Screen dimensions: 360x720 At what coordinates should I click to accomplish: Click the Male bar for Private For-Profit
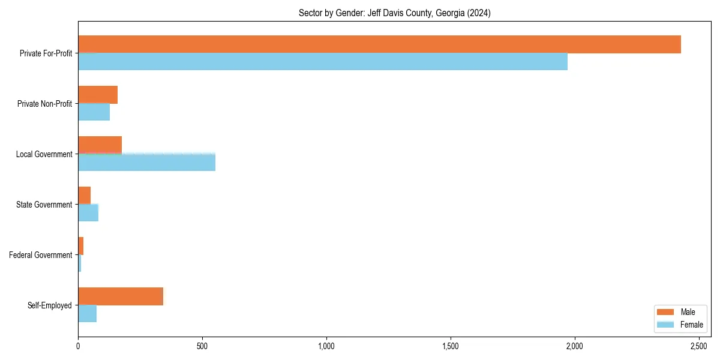(x=379, y=44)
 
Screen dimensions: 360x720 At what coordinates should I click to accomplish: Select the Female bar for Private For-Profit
(x=323, y=62)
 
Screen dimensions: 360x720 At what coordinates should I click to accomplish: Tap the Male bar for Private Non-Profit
(x=98, y=95)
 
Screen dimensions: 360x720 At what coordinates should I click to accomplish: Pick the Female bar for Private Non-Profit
(x=94, y=112)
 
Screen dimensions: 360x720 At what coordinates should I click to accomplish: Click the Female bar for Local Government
(x=146, y=163)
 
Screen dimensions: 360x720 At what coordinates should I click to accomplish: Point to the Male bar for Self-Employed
(x=121, y=296)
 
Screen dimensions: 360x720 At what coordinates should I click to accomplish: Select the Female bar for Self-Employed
(x=88, y=314)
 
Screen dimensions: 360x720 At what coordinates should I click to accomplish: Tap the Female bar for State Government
(x=88, y=213)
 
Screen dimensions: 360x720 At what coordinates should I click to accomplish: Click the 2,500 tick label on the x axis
(x=699, y=346)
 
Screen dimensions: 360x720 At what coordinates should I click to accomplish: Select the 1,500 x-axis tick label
(x=451, y=346)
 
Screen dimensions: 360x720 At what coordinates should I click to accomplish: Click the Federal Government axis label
(x=41, y=255)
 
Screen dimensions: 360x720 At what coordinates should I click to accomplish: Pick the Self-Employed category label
(x=50, y=305)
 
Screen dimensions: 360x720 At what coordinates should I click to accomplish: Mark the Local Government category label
(x=44, y=154)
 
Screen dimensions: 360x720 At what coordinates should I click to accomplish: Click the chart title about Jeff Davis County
(x=394, y=13)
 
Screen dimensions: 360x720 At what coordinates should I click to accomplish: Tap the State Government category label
(x=44, y=205)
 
